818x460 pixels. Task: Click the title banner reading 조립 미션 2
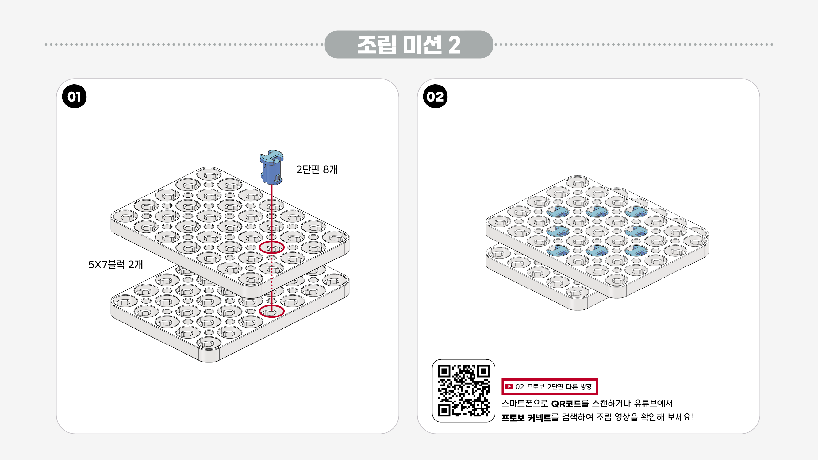pyautogui.click(x=409, y=44)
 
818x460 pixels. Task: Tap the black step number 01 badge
pyautogui.click(x=74, y=97)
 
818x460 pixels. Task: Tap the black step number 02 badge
pyautogui.click(x=435, y=97)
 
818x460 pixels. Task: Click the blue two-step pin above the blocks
pyautogui.click(x=271, y=167)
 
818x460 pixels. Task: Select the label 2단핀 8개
pyautogui.click(x=317, y=170)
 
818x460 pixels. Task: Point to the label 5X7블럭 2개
pyautogui.click(x=116, y=264)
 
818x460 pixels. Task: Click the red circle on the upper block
pyautogui.click(x=271, y=247)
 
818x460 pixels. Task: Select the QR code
pyautogui.click(x=463, y=390)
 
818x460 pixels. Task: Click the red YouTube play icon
pyautogui.click(x=509, y=386)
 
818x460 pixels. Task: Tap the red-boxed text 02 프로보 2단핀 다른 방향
pyautogui.click(x=554, y=387)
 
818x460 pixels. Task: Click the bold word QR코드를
pyautogui.click(x=570, y=404)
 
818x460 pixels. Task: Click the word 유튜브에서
pyautogui.click(x=653, y=403)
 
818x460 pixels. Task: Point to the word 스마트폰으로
pyautogui.click(x=524, y=404)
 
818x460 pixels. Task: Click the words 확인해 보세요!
pyautogui.click(x=667, y=417)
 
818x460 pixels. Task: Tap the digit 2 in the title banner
pyautogui.click(x=455, y=45)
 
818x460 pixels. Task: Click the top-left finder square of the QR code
pyautogui.click(x=444, y=371)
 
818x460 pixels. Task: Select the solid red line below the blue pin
pyautogui.click(x=271, y=213)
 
